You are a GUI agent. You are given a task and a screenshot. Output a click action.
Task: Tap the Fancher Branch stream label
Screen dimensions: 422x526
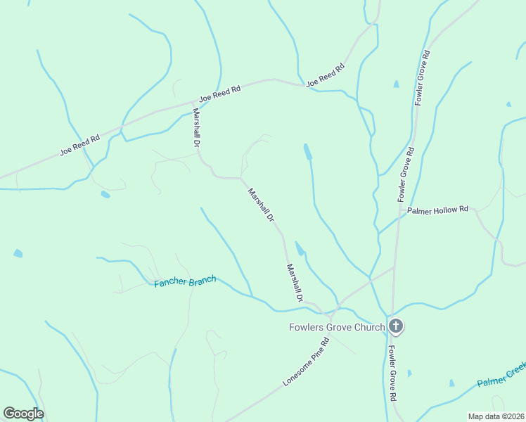(x=185, y=282)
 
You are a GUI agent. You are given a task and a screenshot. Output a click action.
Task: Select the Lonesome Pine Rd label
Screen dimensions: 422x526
(x=306, y=362)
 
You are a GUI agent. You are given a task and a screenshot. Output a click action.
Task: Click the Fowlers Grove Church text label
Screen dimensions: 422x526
(x=337, y=326)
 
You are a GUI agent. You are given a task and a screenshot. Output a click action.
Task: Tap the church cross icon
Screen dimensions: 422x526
(x=396, y=326)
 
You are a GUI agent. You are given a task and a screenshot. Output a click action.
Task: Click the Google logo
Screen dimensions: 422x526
(x=23, y=414)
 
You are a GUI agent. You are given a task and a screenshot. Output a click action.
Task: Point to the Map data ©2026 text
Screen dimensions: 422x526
(x=496, y=416)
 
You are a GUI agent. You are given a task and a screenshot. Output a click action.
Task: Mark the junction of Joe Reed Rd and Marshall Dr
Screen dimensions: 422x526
(x=193, y=103)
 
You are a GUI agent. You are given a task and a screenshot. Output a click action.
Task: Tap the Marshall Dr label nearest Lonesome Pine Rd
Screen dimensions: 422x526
(x=294, y=283)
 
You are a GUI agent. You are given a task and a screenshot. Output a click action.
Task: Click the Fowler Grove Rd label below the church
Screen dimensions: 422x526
(x=392, y=373)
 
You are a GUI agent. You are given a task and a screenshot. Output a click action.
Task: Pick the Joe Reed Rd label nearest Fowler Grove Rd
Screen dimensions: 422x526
(x=325, y=75)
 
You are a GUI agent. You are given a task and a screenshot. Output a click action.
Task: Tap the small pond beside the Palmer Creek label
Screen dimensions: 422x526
(x=452, y=383)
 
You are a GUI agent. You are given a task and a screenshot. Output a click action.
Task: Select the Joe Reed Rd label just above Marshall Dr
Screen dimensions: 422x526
(x=220, y=94)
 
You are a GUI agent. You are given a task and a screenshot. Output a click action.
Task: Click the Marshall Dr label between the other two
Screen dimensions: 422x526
(x=259, y=205)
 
